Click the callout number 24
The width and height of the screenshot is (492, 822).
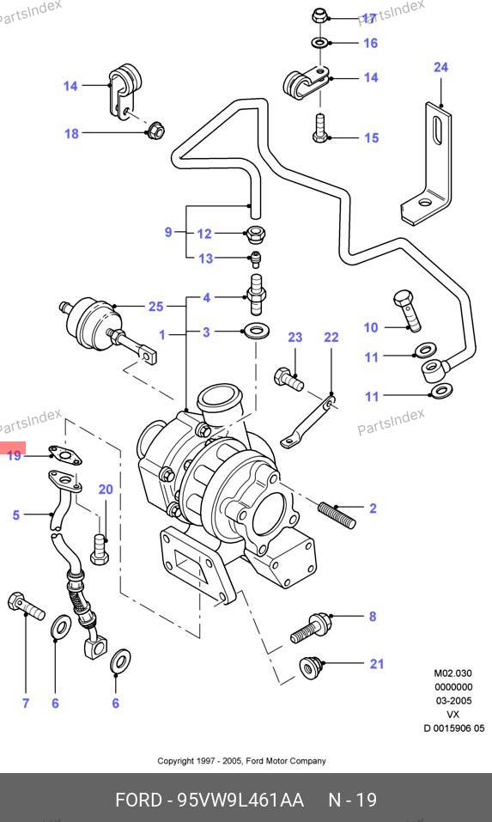click(x=440, y=68)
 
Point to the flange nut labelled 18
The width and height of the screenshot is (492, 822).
click(x=155, y=130)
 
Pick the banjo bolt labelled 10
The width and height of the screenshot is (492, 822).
click(x=408, y=310)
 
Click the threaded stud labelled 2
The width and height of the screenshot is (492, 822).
click(x=337, y=515)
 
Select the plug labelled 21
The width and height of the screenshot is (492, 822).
click(x=310, y=667)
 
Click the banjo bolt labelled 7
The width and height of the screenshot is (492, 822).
click(x=26, y=606)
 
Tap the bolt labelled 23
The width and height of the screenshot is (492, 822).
click(x=289, y=380)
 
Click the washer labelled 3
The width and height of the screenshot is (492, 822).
click(x=256, y=331)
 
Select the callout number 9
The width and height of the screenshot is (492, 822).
click(x=168, y=232)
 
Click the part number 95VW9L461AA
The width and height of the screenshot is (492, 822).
click(x=240, y=801)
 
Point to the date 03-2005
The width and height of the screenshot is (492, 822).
click(x=453, y=701)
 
